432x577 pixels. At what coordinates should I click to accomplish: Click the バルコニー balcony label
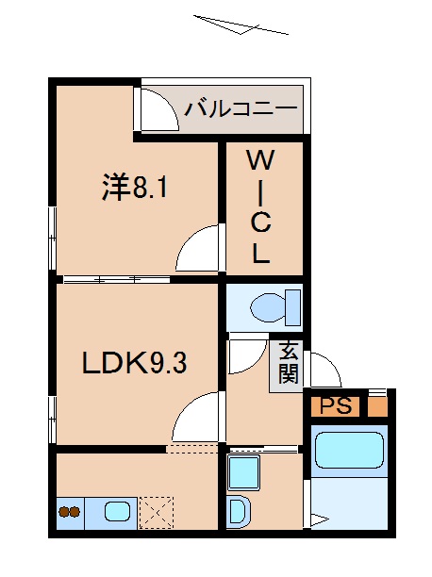click(x=240, y=108)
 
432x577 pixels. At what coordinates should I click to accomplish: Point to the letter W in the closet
click(x=261, y=160)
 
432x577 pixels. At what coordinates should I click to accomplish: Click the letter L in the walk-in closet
click(x=261, y=253)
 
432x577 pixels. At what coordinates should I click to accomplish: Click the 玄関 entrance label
click(x=288, y=362)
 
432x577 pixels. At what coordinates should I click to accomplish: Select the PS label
click(x=334, y=406)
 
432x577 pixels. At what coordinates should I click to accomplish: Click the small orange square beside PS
click(x=376, y=406)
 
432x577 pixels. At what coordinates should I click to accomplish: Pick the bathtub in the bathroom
click(x=348, y=450)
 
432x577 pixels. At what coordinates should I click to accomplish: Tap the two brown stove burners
click(x=69, y=514)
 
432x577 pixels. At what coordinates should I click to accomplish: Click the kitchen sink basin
click(x=118, y=513)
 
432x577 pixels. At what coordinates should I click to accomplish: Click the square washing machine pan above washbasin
click(x=243, y=471)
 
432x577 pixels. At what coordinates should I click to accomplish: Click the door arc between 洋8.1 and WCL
click(x=201, y=249)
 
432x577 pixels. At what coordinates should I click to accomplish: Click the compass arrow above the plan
click(x=240, y=25)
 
